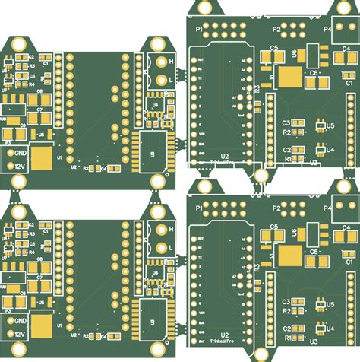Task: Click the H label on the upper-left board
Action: [x=171, y=60]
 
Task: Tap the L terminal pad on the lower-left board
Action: [x=160, y=247]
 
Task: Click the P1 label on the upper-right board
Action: [x=201, y=27]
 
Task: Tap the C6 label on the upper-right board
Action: [x=312, y=72]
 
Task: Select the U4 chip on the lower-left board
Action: [x=154, y=271]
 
